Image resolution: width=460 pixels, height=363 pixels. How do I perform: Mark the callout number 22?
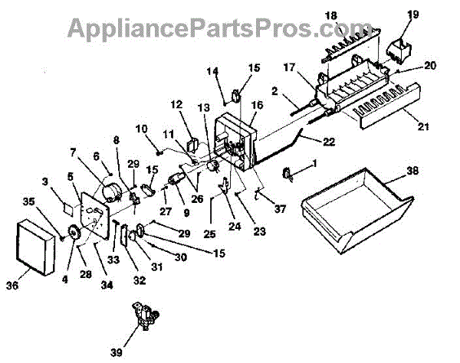pyautogui.click(x=329, y=141)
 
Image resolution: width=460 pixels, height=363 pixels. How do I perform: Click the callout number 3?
pyautogui.click(x=45, y=181)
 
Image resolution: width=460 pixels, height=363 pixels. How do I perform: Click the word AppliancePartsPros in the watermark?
pyautogui.click(x=176, y=29)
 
